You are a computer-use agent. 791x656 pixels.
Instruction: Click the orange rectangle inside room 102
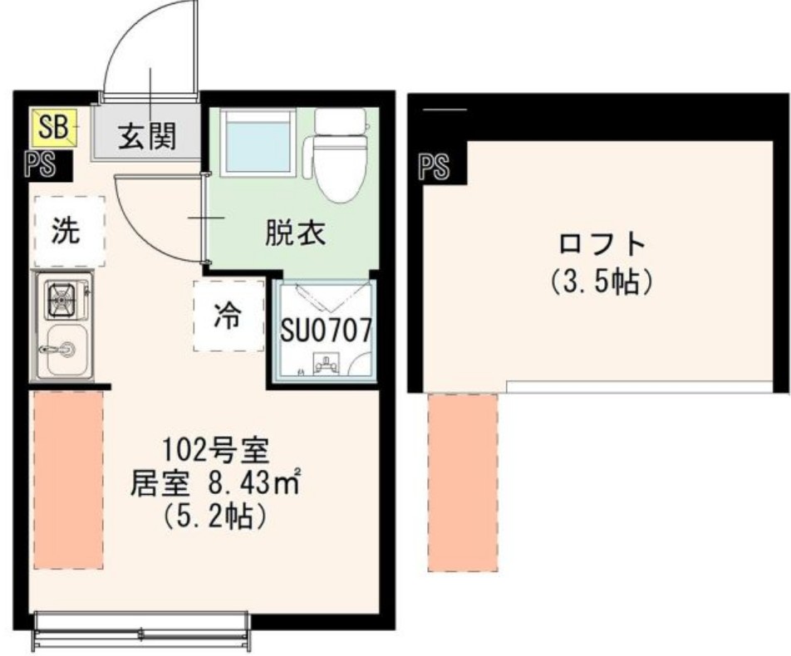coord(68,480)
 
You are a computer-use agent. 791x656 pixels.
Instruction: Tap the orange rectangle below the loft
coord(462,482)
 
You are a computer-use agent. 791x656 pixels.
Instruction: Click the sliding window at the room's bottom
coord(141,627)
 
